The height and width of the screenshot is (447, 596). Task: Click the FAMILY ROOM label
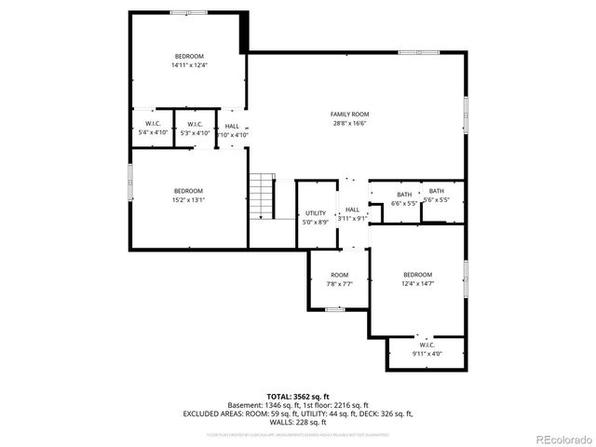tap(350, 115)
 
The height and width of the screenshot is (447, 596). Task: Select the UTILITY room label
tap(316, 213)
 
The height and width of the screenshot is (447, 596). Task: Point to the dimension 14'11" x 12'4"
tap(189, 65)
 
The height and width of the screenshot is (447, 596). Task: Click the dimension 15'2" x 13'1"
tap(188, 199)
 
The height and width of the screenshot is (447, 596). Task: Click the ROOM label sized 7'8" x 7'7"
tap(339, 275)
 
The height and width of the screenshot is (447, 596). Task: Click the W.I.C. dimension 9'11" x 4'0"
tap(427, 354)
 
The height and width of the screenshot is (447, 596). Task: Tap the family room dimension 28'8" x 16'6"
tap(350, 123)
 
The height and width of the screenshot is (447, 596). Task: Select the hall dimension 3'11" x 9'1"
tap(352, 218)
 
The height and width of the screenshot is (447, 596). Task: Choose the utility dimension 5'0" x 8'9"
tap(316, 222)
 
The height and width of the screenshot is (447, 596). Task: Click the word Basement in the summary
tap(245, 406)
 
